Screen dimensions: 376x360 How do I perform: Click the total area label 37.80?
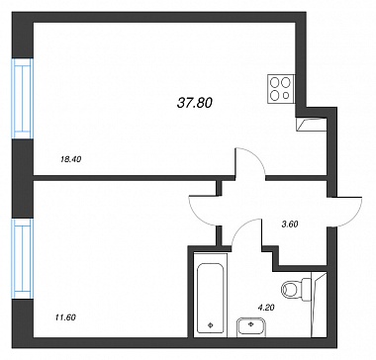pyautogui.click(x=195, y=104)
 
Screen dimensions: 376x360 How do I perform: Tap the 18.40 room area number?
pyautogui.click(x=71, y=159)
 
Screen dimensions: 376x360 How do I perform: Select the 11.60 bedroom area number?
pyautogui.click(x=64, y=317)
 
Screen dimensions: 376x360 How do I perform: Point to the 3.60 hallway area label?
pyautogui.click(x=290, y=225)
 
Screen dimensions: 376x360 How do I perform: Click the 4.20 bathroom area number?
pyautogui.click(x=266, y=308)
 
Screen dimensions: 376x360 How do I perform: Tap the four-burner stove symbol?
pyautogui.click(x=281, y=88)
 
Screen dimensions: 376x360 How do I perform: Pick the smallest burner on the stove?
pyautogui.click(x=286, y=95)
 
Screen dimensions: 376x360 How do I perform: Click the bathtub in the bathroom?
pyautogui.click(x=211, y=295)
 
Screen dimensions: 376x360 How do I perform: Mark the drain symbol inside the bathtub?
pyautogui.click(x=211, y=325)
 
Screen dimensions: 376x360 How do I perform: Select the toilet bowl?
pyautogui.click(x=291, y=290)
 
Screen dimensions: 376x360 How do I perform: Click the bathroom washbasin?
pyautogui.click(x=251, y=327)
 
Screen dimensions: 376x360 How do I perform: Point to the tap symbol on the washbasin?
pyautogui.click(x=251, y=323)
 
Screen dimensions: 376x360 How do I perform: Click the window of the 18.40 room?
pyautogui.click(x=23, y=99)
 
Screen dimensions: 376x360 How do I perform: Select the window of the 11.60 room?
pyautogui.click(x=23, y=259)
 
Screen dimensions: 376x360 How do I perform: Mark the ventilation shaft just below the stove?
pyautogui.click(x=312, y=125)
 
